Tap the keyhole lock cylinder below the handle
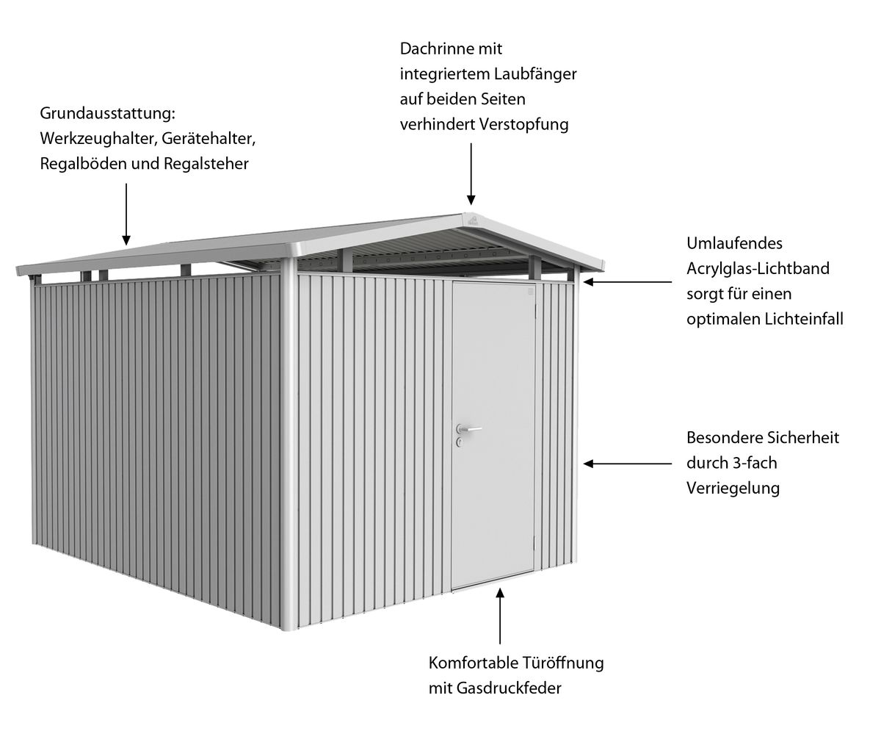[x=460, y=443]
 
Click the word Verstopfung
[x=523, y=125]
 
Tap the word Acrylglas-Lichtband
[x=758, y=269]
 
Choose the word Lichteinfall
[x=804, y=319]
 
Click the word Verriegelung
[x=733, y=489]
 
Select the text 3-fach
[x=755, y=463]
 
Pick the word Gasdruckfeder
[x=509, y=688]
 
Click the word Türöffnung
[x=562, y=663]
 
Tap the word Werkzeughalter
[x=98, y=139]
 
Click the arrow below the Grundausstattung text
[x=126, y=215]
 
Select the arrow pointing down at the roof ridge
[x=471, y=174]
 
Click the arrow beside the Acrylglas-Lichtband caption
[x=628, y=282]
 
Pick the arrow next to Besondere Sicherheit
[x=628, y=464]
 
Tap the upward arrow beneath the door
[x=500, y=616]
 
